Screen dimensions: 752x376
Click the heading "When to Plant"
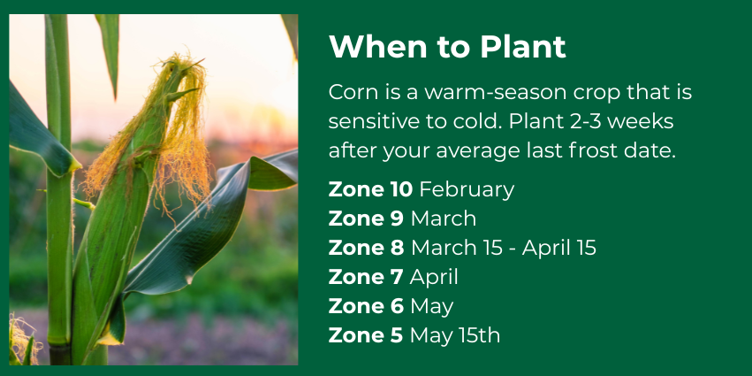coord(447,47)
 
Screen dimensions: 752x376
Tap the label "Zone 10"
coord(370,189)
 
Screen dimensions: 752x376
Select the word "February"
coord(467,190)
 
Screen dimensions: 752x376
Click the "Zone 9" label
coord(366,219)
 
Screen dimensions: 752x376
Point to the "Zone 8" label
coord(366,248)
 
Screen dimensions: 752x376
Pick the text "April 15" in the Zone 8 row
coord(558,249)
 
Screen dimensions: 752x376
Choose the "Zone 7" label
coord(366,277)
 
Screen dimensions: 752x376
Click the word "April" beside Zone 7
coord(434,278)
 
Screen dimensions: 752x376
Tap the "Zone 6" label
coord(366,306)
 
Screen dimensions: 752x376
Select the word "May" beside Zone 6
coord(432,307)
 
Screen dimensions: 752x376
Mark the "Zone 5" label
coord(366,335)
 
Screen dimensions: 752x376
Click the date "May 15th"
coord(455,336)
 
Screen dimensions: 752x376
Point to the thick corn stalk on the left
coord(59,192)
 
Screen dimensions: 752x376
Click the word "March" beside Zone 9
coord(444,219)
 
